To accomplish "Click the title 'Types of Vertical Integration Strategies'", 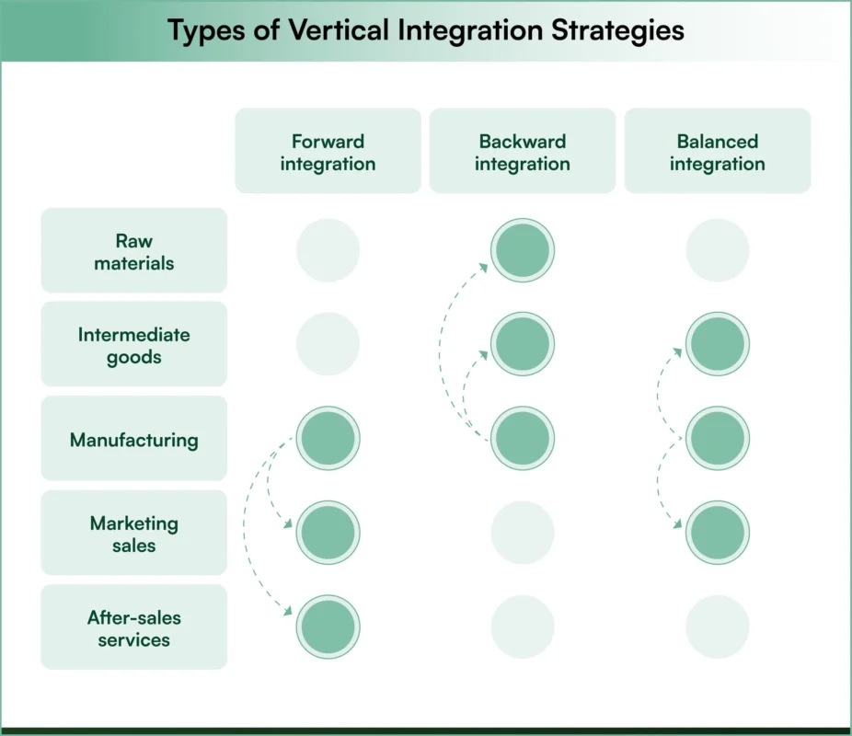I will tap(426, 30).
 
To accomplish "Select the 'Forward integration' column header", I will tap(328, 152).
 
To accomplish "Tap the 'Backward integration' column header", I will tap(523, 152).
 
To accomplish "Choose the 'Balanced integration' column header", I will tap(718, 152).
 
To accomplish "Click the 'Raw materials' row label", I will tap(134, 251).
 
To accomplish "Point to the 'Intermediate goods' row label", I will tap(134, 345).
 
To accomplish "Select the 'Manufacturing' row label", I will tap(134, 439).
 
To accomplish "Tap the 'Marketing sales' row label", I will tap(134, 534).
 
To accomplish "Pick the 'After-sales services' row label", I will tap(134, 627).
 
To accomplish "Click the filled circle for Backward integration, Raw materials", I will tap(523, 250).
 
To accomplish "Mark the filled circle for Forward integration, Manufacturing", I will tap(328, 438).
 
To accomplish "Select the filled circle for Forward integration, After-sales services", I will tap(328, 627).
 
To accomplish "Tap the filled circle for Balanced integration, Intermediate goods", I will tap(718, 344).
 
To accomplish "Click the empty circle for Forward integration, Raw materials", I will tap(328, 250).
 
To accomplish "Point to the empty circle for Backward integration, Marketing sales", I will tap(523, 533).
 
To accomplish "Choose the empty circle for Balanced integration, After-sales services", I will tap(718, 627).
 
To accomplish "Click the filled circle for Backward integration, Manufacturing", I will tap(523, 438).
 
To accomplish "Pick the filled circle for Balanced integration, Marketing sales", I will tap(718, 533).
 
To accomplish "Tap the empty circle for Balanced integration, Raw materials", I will tap(718, 250).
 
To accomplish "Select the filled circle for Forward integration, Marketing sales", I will tap(328, 533).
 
